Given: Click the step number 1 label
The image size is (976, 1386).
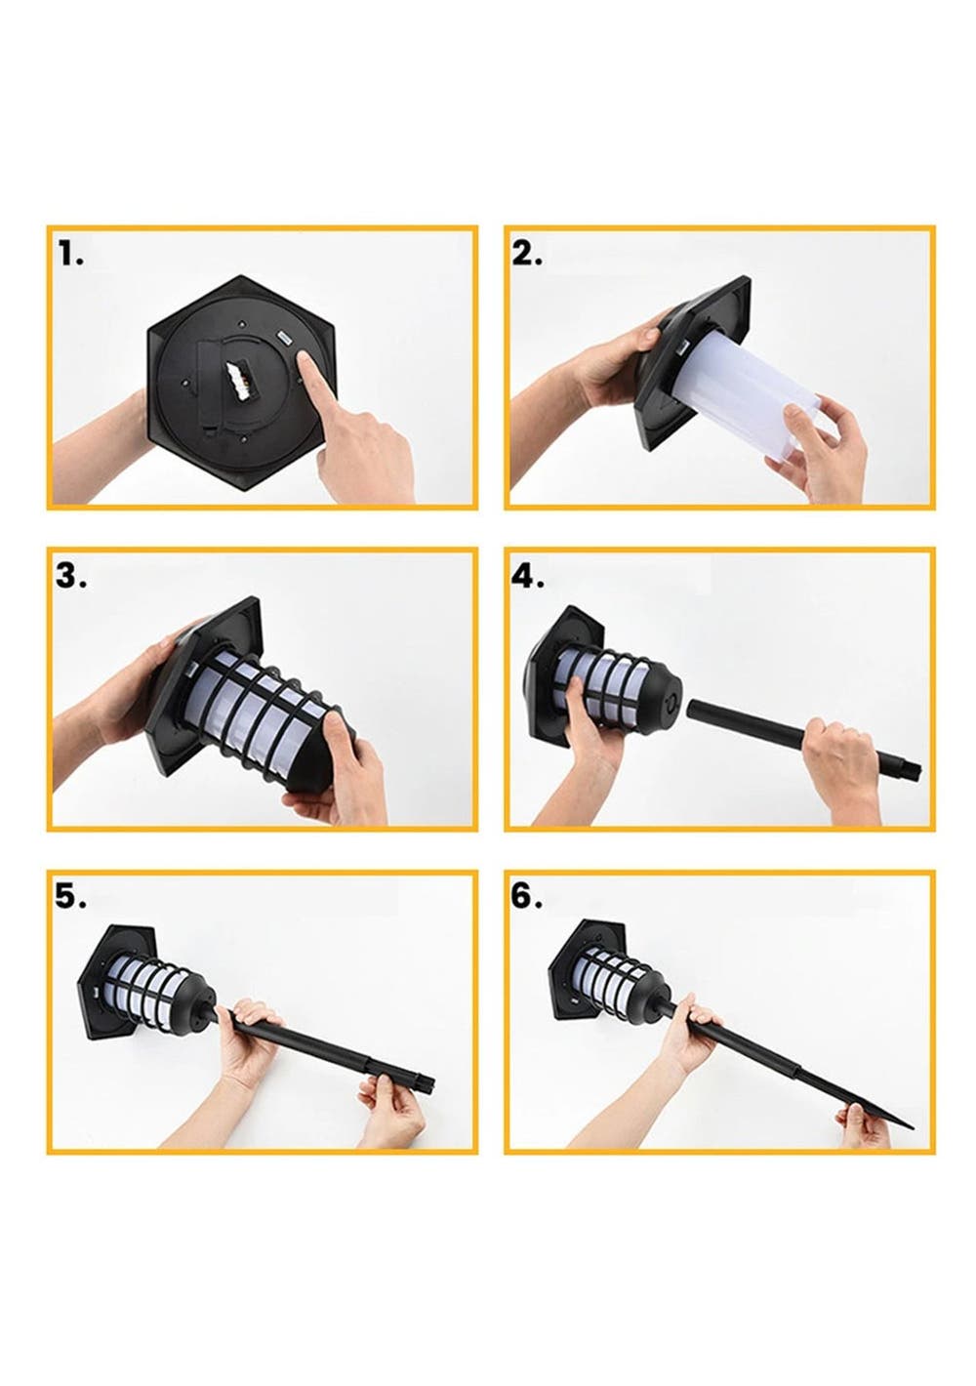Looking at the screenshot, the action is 70,254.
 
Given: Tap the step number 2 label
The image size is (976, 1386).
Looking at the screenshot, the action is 527,254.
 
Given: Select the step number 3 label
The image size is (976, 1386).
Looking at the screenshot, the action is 71,576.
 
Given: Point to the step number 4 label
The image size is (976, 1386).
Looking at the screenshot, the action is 528,576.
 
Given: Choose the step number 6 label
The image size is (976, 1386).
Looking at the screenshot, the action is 527,897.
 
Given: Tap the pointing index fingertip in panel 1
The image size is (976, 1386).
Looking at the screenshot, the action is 303,359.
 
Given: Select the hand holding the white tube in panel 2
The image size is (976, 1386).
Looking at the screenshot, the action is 817,445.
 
